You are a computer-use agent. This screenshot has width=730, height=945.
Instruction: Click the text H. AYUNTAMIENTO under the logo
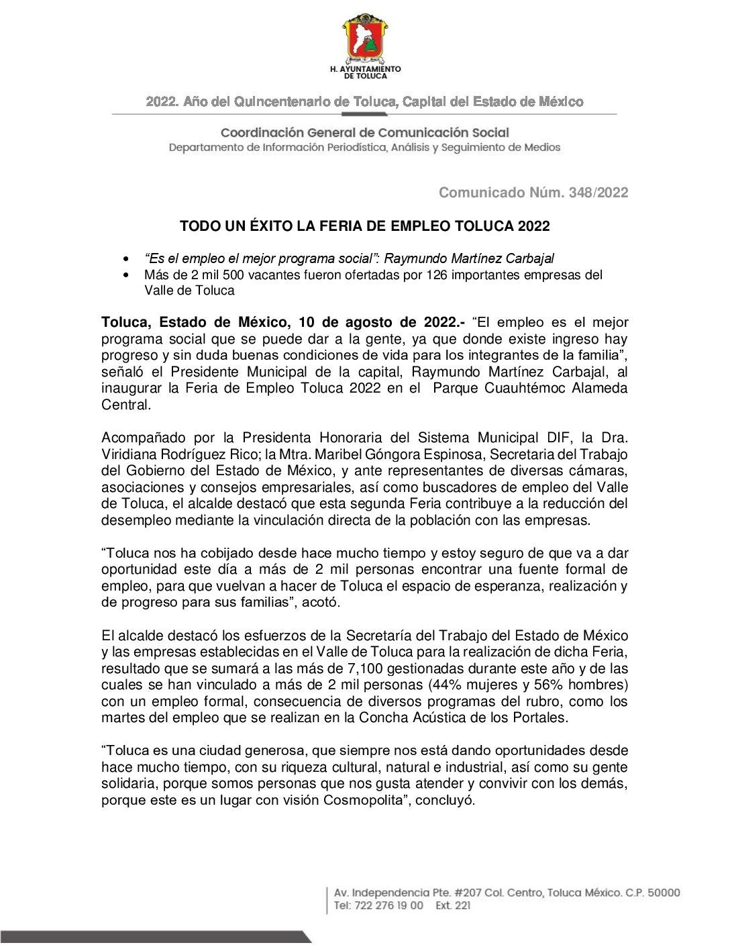click(x=366, y=68)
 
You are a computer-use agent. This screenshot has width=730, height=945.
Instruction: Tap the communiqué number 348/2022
click(x=598, y=193)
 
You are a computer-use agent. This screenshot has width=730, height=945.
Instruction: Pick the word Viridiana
click(x=129, y=454)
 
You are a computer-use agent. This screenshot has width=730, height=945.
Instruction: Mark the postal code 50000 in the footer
click(x=663, y=893)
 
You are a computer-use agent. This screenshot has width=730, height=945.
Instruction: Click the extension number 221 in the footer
click(x=462, y=905)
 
